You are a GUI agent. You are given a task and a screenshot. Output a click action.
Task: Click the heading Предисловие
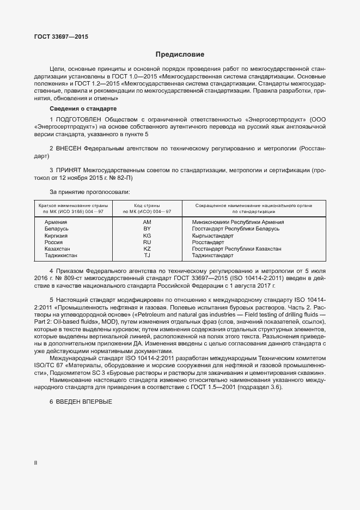[180, 54]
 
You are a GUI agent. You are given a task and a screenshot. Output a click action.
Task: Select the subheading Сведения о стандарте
[79, 109]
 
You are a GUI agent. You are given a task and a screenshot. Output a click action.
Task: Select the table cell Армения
[56, 222]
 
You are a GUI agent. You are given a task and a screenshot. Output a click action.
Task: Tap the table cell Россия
[54, 242]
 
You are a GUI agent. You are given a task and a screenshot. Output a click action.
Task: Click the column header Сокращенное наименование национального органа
[254, 206]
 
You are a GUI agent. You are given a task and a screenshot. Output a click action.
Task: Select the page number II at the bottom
[35, 463]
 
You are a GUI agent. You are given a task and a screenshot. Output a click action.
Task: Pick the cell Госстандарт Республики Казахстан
[237, 248]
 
